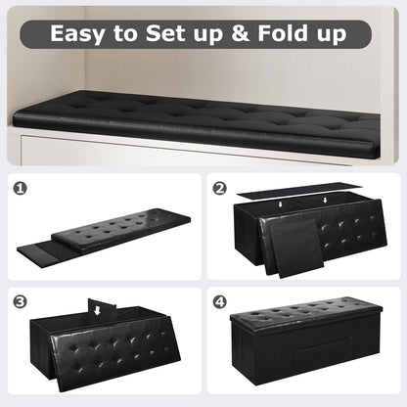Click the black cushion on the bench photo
pyautogui.click(x=196, y=120)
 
